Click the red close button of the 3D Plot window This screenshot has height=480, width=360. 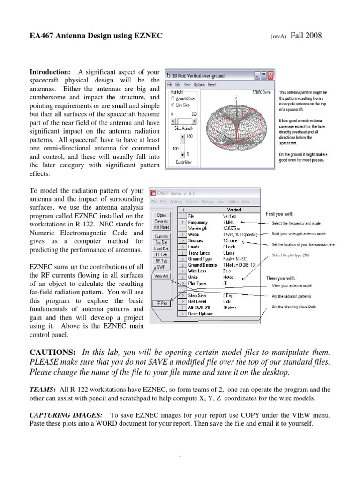[x=270, y=75]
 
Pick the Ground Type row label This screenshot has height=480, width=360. [x=200, y=259]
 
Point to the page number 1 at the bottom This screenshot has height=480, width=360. [x=180, y=455]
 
